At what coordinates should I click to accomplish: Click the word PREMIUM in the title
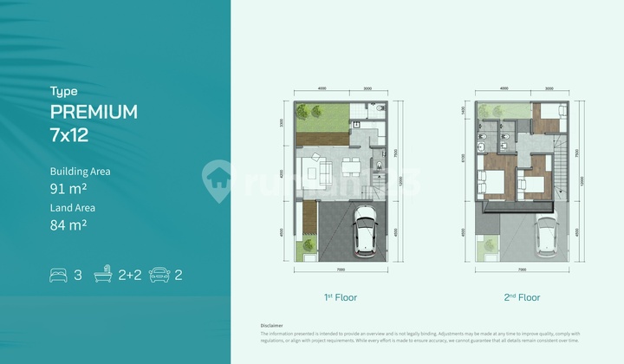94,112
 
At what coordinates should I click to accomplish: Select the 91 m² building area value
68,188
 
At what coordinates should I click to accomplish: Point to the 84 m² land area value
68,225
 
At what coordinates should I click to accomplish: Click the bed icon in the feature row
58,276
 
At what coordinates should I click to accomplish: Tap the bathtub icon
104,276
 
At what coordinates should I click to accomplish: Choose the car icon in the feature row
159,276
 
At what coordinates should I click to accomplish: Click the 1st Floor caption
341,297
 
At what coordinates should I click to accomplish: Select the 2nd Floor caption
523,297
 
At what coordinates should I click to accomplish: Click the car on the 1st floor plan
364,234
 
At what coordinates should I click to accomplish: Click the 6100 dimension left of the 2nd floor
463,158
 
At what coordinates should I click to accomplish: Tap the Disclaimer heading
271,325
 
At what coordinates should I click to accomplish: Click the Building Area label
81,172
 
